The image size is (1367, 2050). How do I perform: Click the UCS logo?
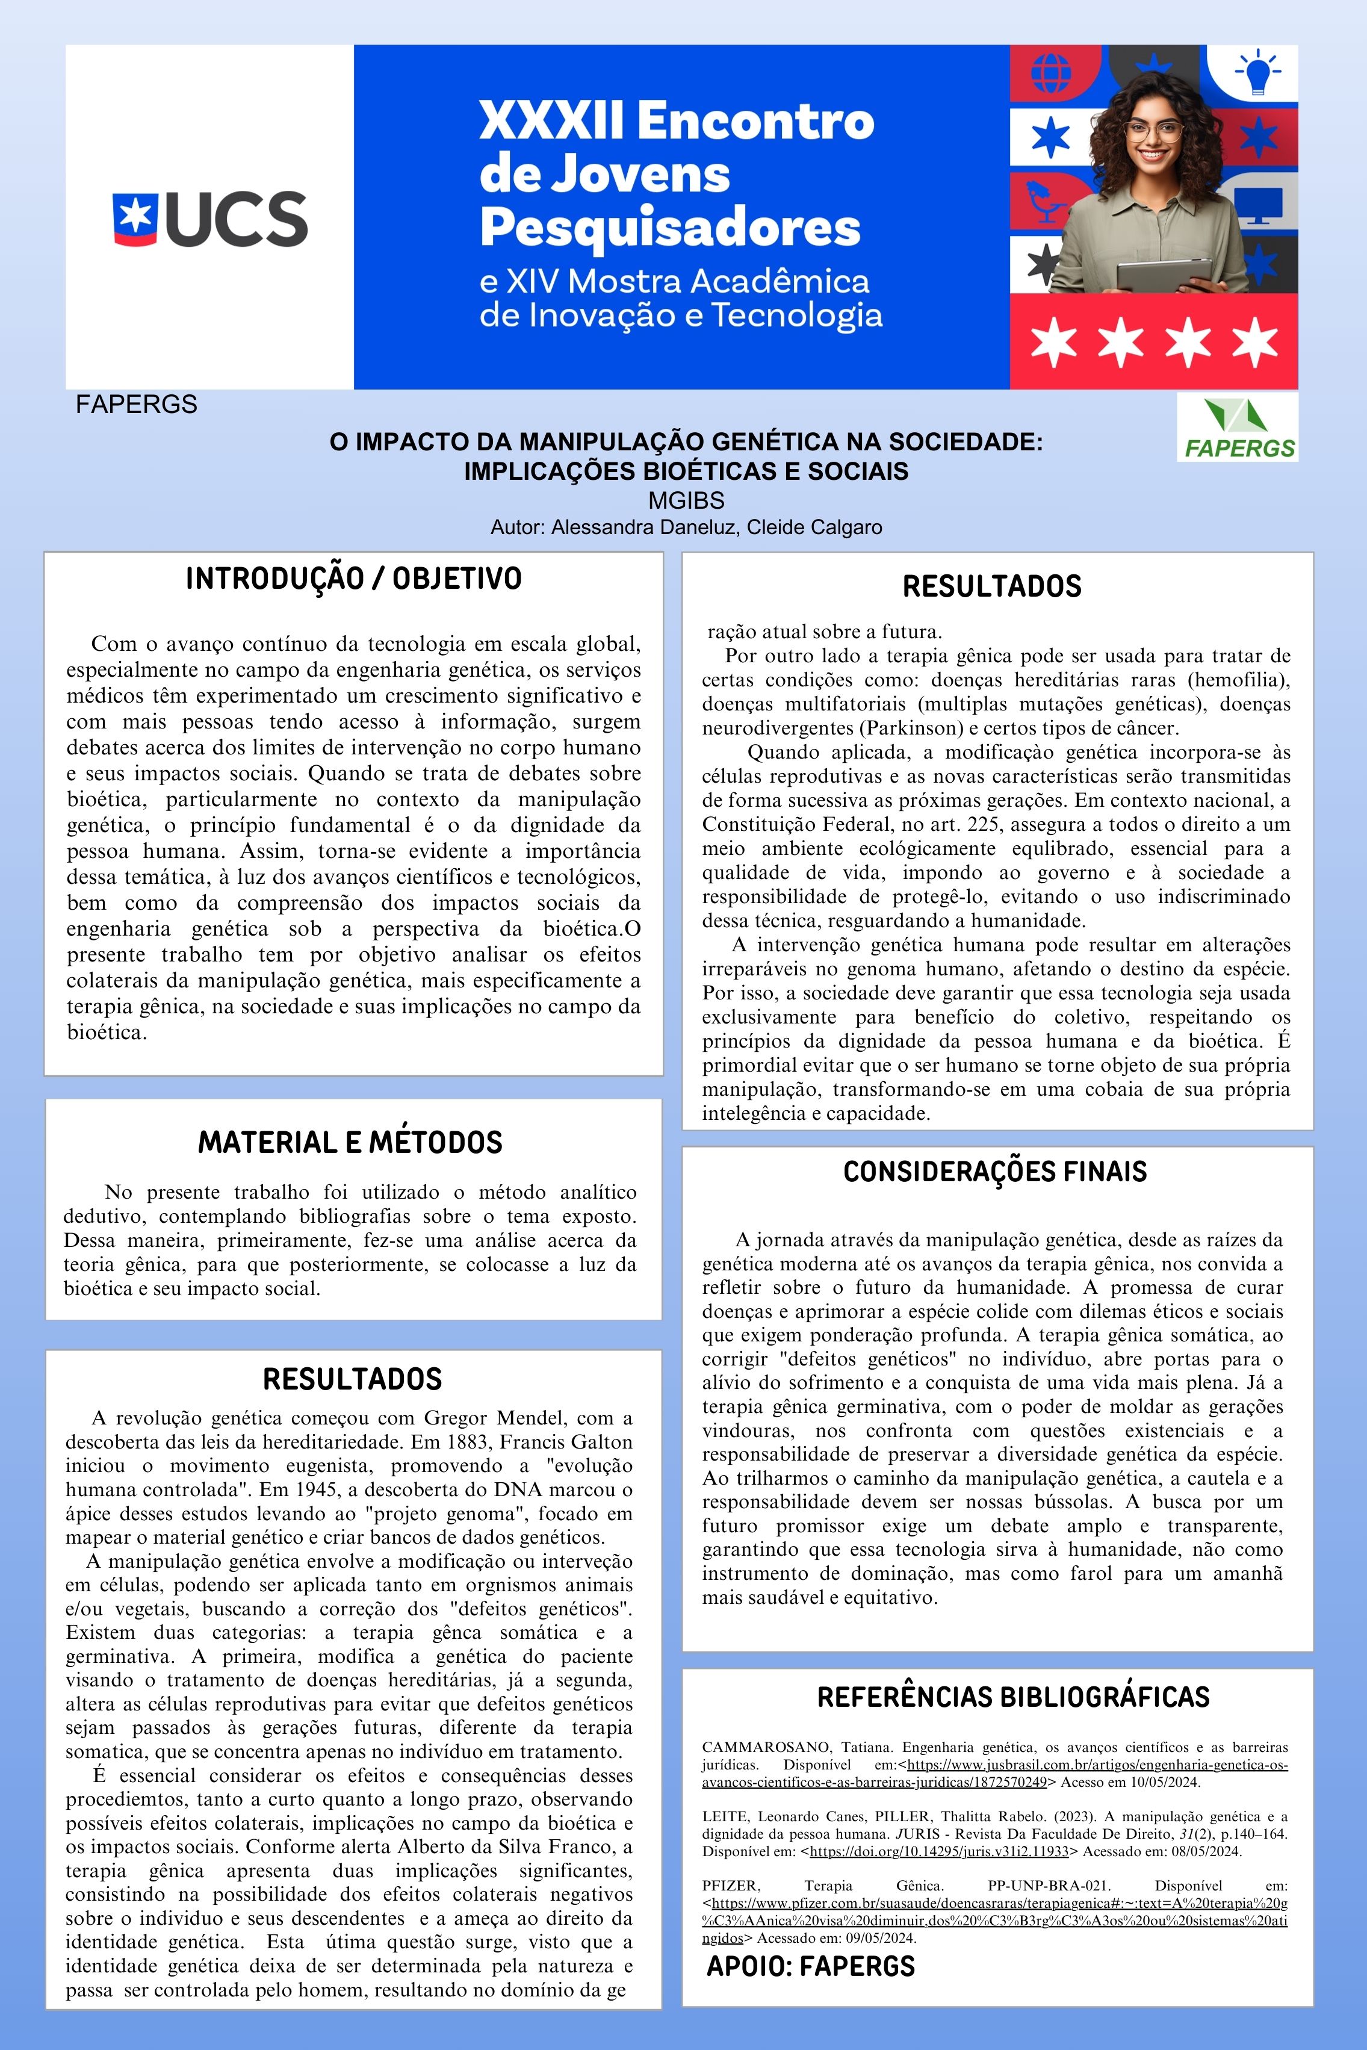pyautogui.click(x=210, y=218)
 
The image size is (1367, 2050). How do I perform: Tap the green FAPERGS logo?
pyautogui.click(x=1236, y=427)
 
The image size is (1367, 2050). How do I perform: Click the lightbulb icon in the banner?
pyautogui.click(x=1256, y=72)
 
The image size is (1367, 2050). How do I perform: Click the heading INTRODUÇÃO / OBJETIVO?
pyautogui.click(x=353, y=579)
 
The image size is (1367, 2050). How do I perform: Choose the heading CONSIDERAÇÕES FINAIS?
pyautogui.click(x=995, y=1171)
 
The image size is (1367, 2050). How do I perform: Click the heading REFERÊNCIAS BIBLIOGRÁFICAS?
pyautogui.click(x=1013, y=1697)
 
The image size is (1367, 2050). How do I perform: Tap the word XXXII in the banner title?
pyautogui.click(x=551, y=120)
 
